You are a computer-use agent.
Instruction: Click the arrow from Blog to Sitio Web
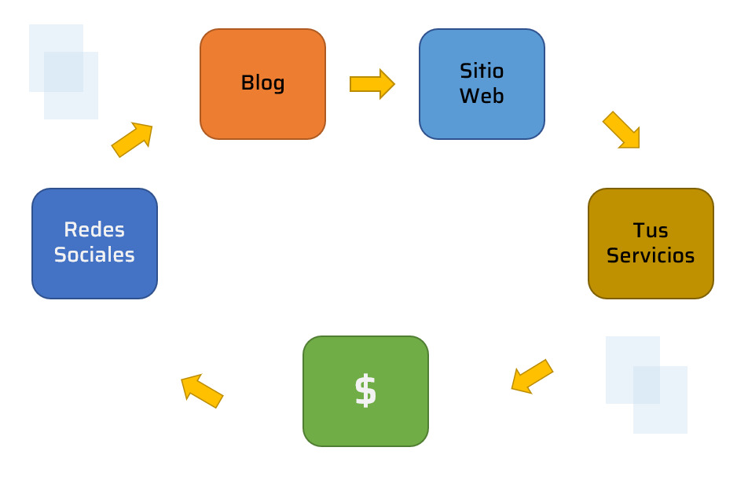coord(372,84)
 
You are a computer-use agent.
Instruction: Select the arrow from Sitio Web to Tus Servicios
coord(621,130)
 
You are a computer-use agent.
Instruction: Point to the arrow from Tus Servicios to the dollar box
coord(532,376)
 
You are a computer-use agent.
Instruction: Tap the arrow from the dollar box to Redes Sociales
coord(202,390)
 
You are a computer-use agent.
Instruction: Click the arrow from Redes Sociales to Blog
coord(132,139)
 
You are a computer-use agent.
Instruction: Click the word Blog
coord(262,82)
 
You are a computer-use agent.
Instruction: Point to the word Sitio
coord(482,71)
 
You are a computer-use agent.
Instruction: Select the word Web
coord(482,96)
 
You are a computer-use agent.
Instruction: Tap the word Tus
coord(651,230)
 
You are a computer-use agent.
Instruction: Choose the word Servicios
coord(651,255)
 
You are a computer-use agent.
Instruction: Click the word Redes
coord(94,230)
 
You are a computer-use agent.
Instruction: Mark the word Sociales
coord(94,255)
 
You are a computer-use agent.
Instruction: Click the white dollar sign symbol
coord(365,390)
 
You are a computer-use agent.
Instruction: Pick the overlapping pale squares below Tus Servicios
coord(647,385)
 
